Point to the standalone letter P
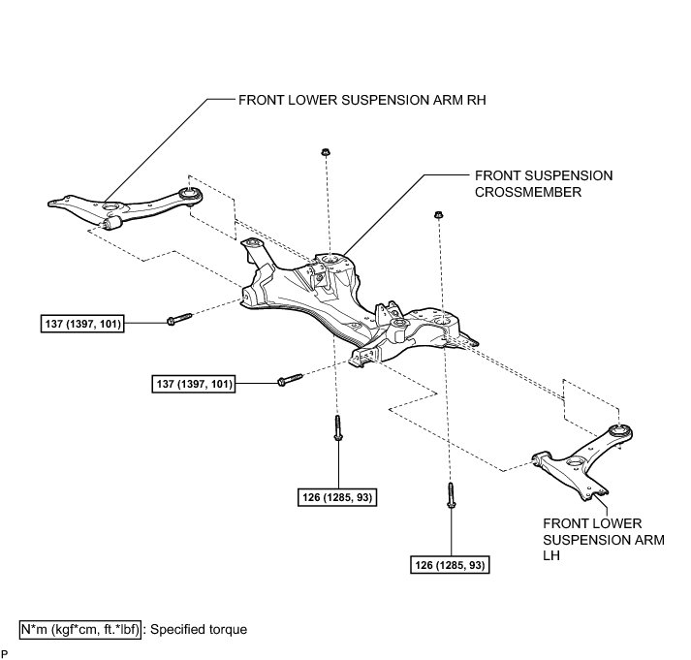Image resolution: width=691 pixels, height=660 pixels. click(5, 652)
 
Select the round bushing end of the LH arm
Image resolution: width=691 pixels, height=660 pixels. click(618, 429)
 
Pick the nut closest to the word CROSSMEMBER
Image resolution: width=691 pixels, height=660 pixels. click(439, 216)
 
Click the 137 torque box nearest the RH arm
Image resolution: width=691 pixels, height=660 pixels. click(80, 324)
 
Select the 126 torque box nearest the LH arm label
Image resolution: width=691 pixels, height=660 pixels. click(449, 563)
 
